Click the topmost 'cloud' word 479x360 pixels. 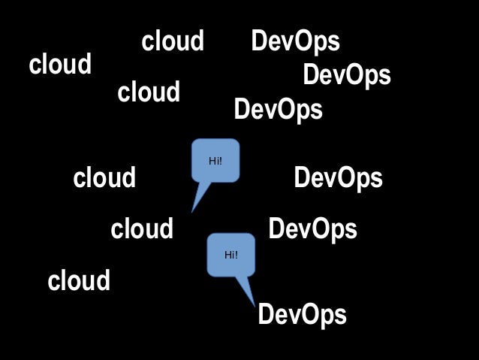(173, 41)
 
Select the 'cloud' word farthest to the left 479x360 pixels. (60, 65)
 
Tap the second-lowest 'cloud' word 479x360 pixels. (142, 228)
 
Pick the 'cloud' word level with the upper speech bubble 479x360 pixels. (104, 179)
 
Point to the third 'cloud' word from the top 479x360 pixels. (149, 92)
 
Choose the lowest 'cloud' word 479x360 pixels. (79, 281)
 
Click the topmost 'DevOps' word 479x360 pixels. (295, 41)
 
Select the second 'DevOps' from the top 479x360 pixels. (346, 75)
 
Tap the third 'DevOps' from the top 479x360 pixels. (278, 110)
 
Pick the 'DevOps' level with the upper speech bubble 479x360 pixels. (338, 179)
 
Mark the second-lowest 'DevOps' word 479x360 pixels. (312, 228)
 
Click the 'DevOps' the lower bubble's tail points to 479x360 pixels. (302, 315)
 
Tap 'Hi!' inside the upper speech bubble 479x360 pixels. (215, 160)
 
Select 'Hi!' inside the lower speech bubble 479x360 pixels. (231, 255)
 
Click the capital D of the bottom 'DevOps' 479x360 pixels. (265, 315)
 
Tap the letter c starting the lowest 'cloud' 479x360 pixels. (53, 283)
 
